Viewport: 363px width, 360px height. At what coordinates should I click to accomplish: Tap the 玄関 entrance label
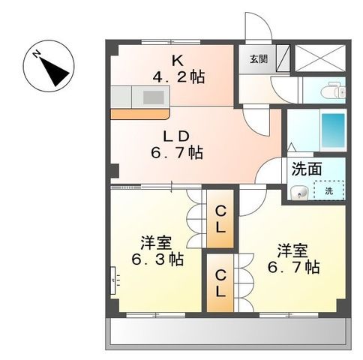tap(257, 58)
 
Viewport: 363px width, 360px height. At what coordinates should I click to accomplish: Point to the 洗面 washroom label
tap(308, 169)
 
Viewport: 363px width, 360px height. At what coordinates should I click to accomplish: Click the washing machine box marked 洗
tap(329, 191)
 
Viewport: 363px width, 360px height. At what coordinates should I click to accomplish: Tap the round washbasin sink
tap(301, 193)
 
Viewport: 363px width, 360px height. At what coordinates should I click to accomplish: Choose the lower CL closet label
tap(221, 283)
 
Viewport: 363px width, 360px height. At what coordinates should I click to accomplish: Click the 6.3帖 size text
tap(156, 259)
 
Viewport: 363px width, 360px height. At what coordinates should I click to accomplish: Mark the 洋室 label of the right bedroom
tap(291, 250)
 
